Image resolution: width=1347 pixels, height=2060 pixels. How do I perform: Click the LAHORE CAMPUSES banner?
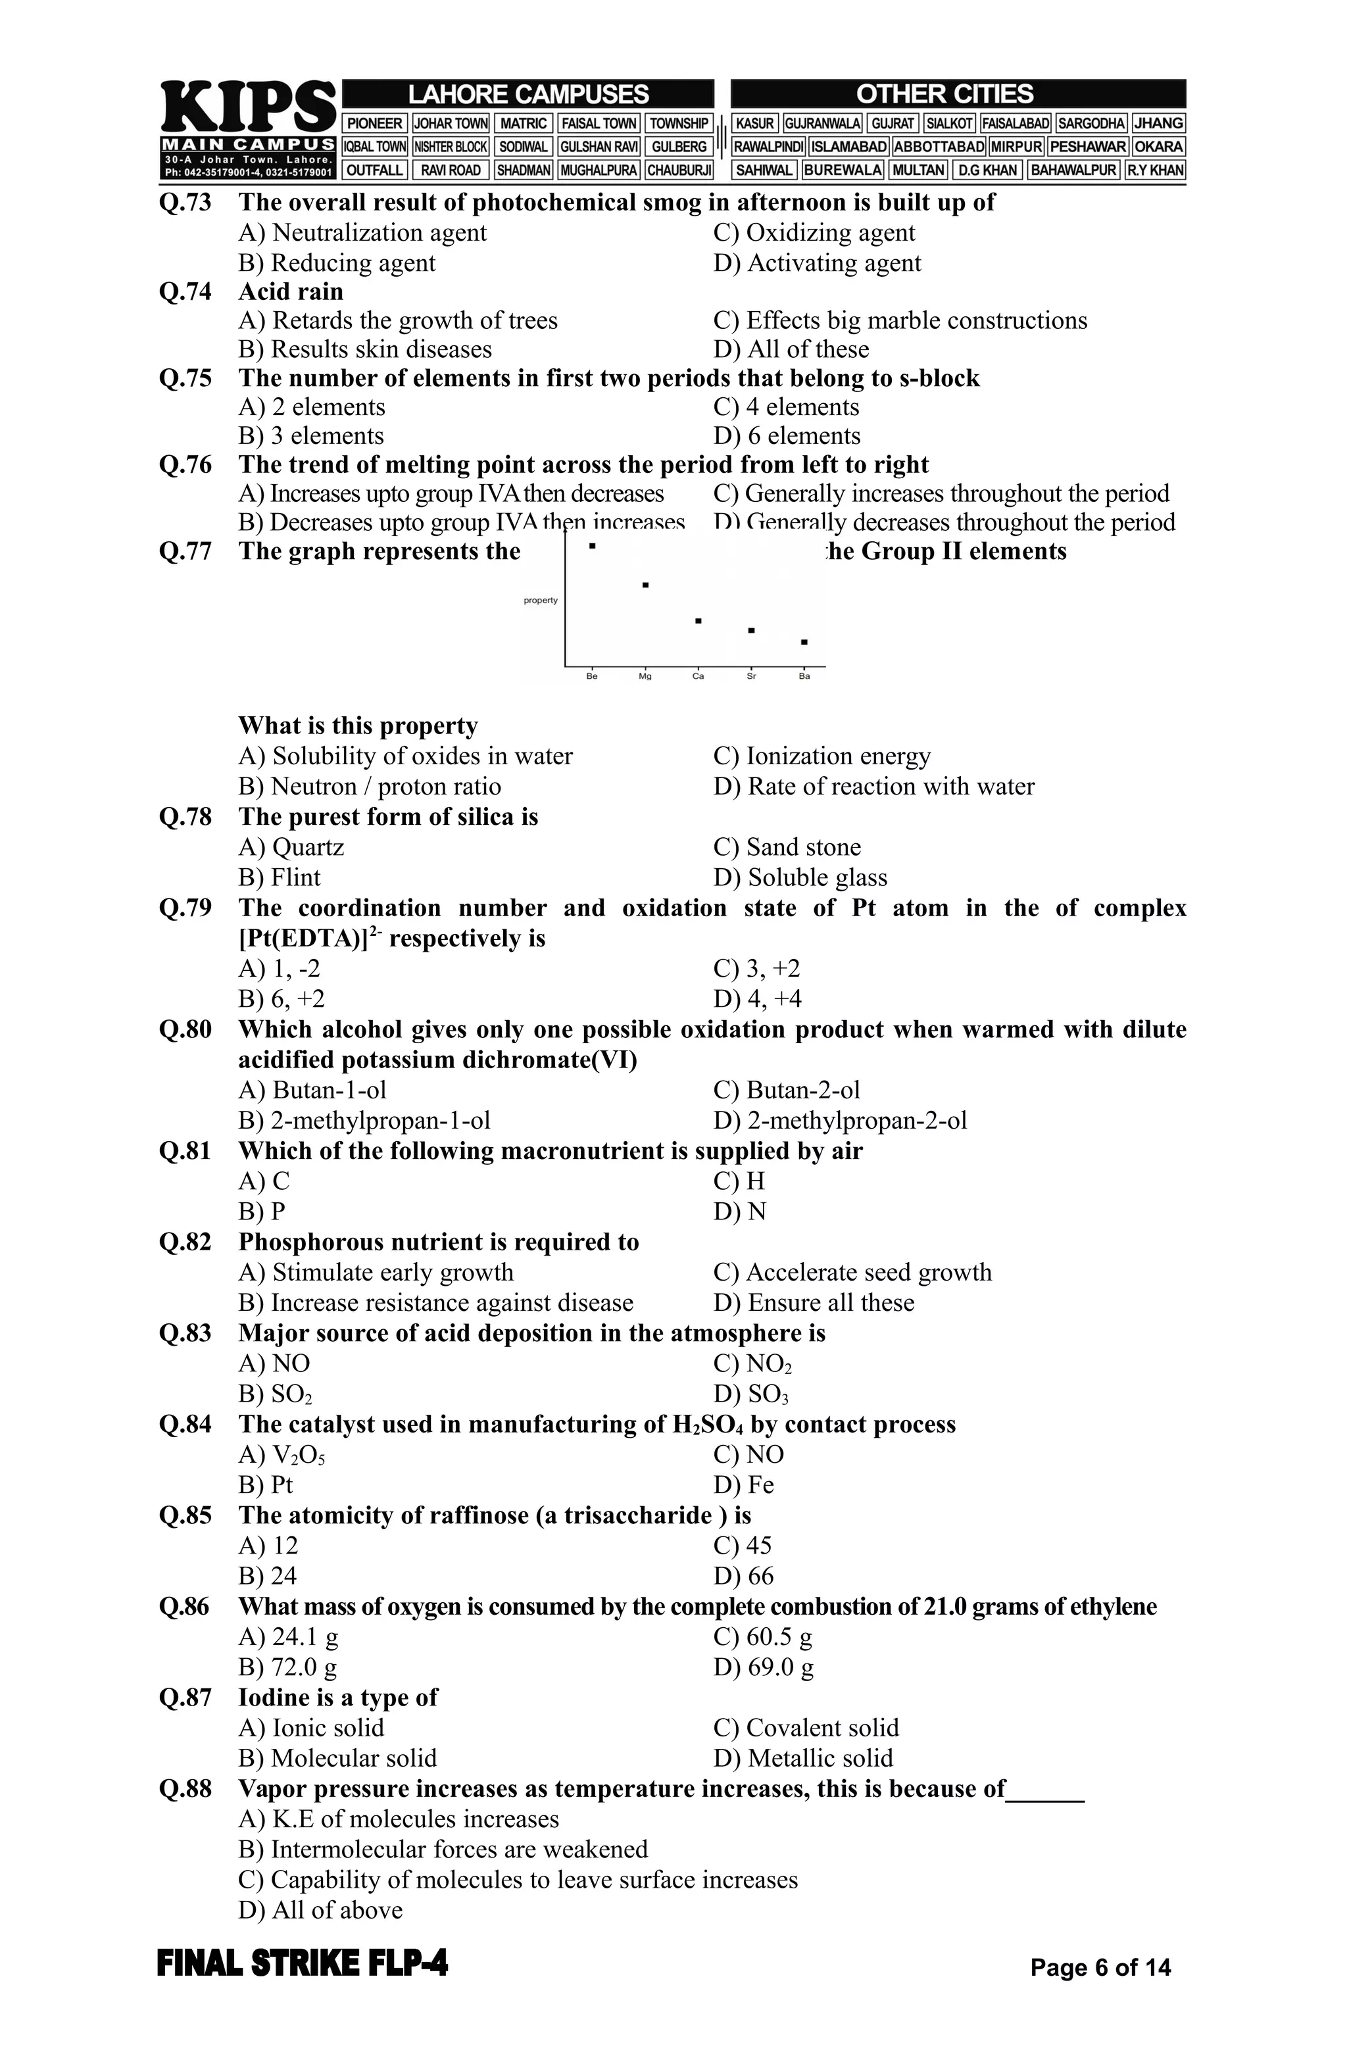point(528,93)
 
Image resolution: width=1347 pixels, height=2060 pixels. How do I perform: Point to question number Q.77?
point(185,551)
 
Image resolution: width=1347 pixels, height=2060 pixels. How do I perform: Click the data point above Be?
point(592,546)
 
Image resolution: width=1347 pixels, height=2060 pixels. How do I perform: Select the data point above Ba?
point(804,642)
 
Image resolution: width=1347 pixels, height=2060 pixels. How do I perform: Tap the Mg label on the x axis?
point(645,676)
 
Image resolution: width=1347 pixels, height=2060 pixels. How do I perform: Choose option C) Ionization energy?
point(821,756)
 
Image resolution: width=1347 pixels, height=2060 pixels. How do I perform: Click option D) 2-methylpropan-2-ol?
point(840,1121)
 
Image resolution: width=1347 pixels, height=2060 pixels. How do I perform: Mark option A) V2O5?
point(282,1455)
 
